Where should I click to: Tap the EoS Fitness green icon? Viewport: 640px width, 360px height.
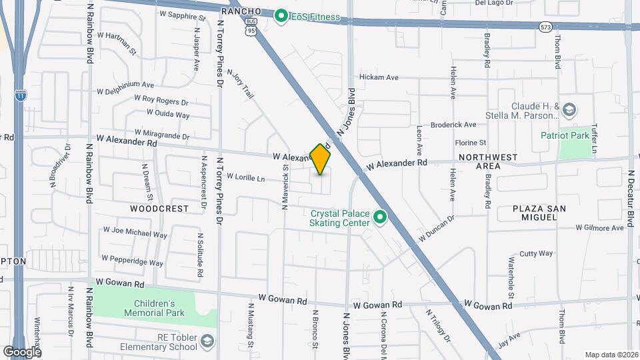[x=281, y=16]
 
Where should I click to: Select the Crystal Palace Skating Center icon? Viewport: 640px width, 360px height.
[x=380, y=217]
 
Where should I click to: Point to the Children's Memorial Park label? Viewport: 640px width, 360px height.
[x=154, y=307]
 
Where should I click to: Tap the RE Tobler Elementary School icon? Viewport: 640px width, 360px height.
[x=207, y=342]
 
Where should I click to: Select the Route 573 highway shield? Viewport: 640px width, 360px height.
[x=547, y=26]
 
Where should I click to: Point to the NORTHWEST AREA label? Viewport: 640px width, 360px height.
[x=488, y=161]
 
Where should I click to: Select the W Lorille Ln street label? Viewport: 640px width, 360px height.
[x=246, y=178]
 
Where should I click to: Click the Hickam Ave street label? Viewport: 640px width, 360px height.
[x=379, y=77]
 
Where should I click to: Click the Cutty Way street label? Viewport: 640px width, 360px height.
[x=536, y=253]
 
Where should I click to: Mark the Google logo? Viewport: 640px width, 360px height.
[x=22, y=351]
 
